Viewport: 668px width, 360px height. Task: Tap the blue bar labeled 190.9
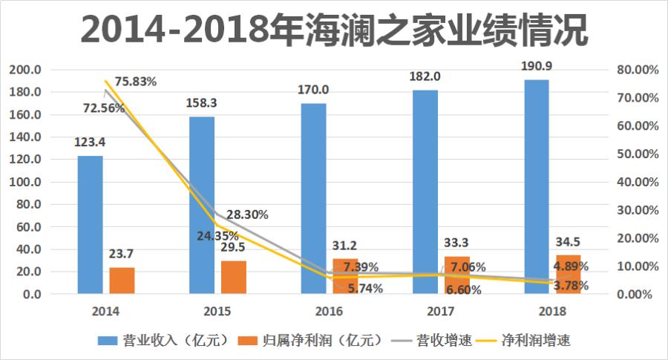click(x=536, y=186)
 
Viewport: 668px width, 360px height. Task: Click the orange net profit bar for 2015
click(x=233, y=277)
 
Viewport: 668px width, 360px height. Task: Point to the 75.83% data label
click(x=135, y=82)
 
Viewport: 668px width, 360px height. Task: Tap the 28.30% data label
click(x=247, y=215)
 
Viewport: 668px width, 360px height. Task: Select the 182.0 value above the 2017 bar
click(x=425, y=76)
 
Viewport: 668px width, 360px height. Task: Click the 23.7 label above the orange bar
click(x=122, y=254)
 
